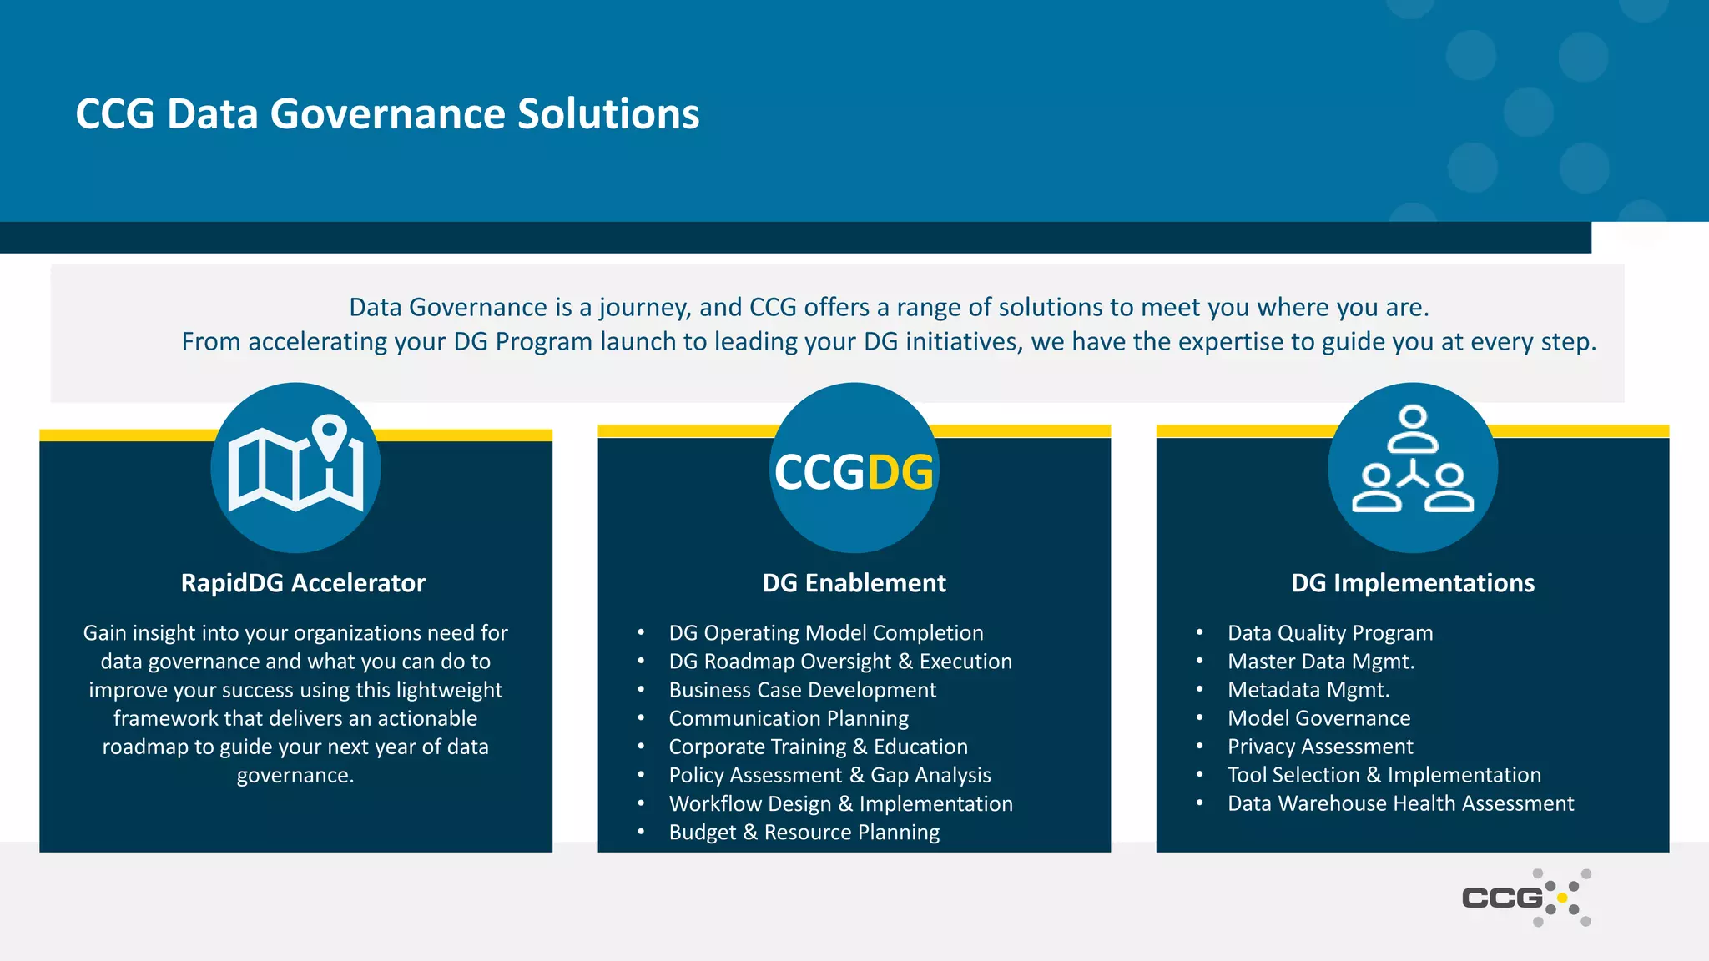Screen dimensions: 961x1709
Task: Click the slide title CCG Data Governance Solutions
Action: coord(387,114)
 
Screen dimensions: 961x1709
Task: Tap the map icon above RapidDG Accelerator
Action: coord(295,467)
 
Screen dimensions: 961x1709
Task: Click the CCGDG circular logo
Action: coord(854,469)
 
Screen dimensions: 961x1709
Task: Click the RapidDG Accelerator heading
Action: coord(303,583)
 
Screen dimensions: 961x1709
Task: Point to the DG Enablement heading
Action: coord(854,583)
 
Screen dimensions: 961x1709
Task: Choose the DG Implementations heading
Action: coord(1412,583)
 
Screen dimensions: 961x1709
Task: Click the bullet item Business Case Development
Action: coord(802,690)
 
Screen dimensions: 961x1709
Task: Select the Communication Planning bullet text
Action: coord(789,718)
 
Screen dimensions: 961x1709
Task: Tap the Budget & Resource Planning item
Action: coord(804,833)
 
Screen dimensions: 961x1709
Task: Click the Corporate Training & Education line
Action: coord(818,747)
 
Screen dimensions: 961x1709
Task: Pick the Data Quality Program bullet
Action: coord(1329,633)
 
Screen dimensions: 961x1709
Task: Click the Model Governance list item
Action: coord(1318,718)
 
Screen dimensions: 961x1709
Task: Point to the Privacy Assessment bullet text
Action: coord(1320,747)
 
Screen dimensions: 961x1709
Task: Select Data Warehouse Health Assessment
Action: coord(1400,803)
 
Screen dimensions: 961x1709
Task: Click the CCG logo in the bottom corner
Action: coord(1525,898)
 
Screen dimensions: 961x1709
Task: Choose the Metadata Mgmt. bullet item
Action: coord(1308,690)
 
